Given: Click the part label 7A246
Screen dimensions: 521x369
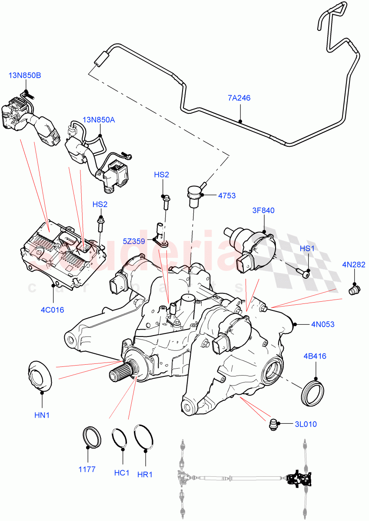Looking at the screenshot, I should click(239, 98).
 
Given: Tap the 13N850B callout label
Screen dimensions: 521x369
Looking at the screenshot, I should click(25, 76).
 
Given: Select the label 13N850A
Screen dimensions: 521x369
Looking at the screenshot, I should click(99, 119).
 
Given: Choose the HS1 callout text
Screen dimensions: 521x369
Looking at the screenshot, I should click(307, 249).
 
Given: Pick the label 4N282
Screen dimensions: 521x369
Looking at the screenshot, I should click(354, 264).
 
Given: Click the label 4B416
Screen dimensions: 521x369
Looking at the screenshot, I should click(315, 356).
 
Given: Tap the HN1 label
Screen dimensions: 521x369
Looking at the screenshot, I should click(42, 415).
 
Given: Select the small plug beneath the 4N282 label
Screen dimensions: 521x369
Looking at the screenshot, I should click(354, 290).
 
